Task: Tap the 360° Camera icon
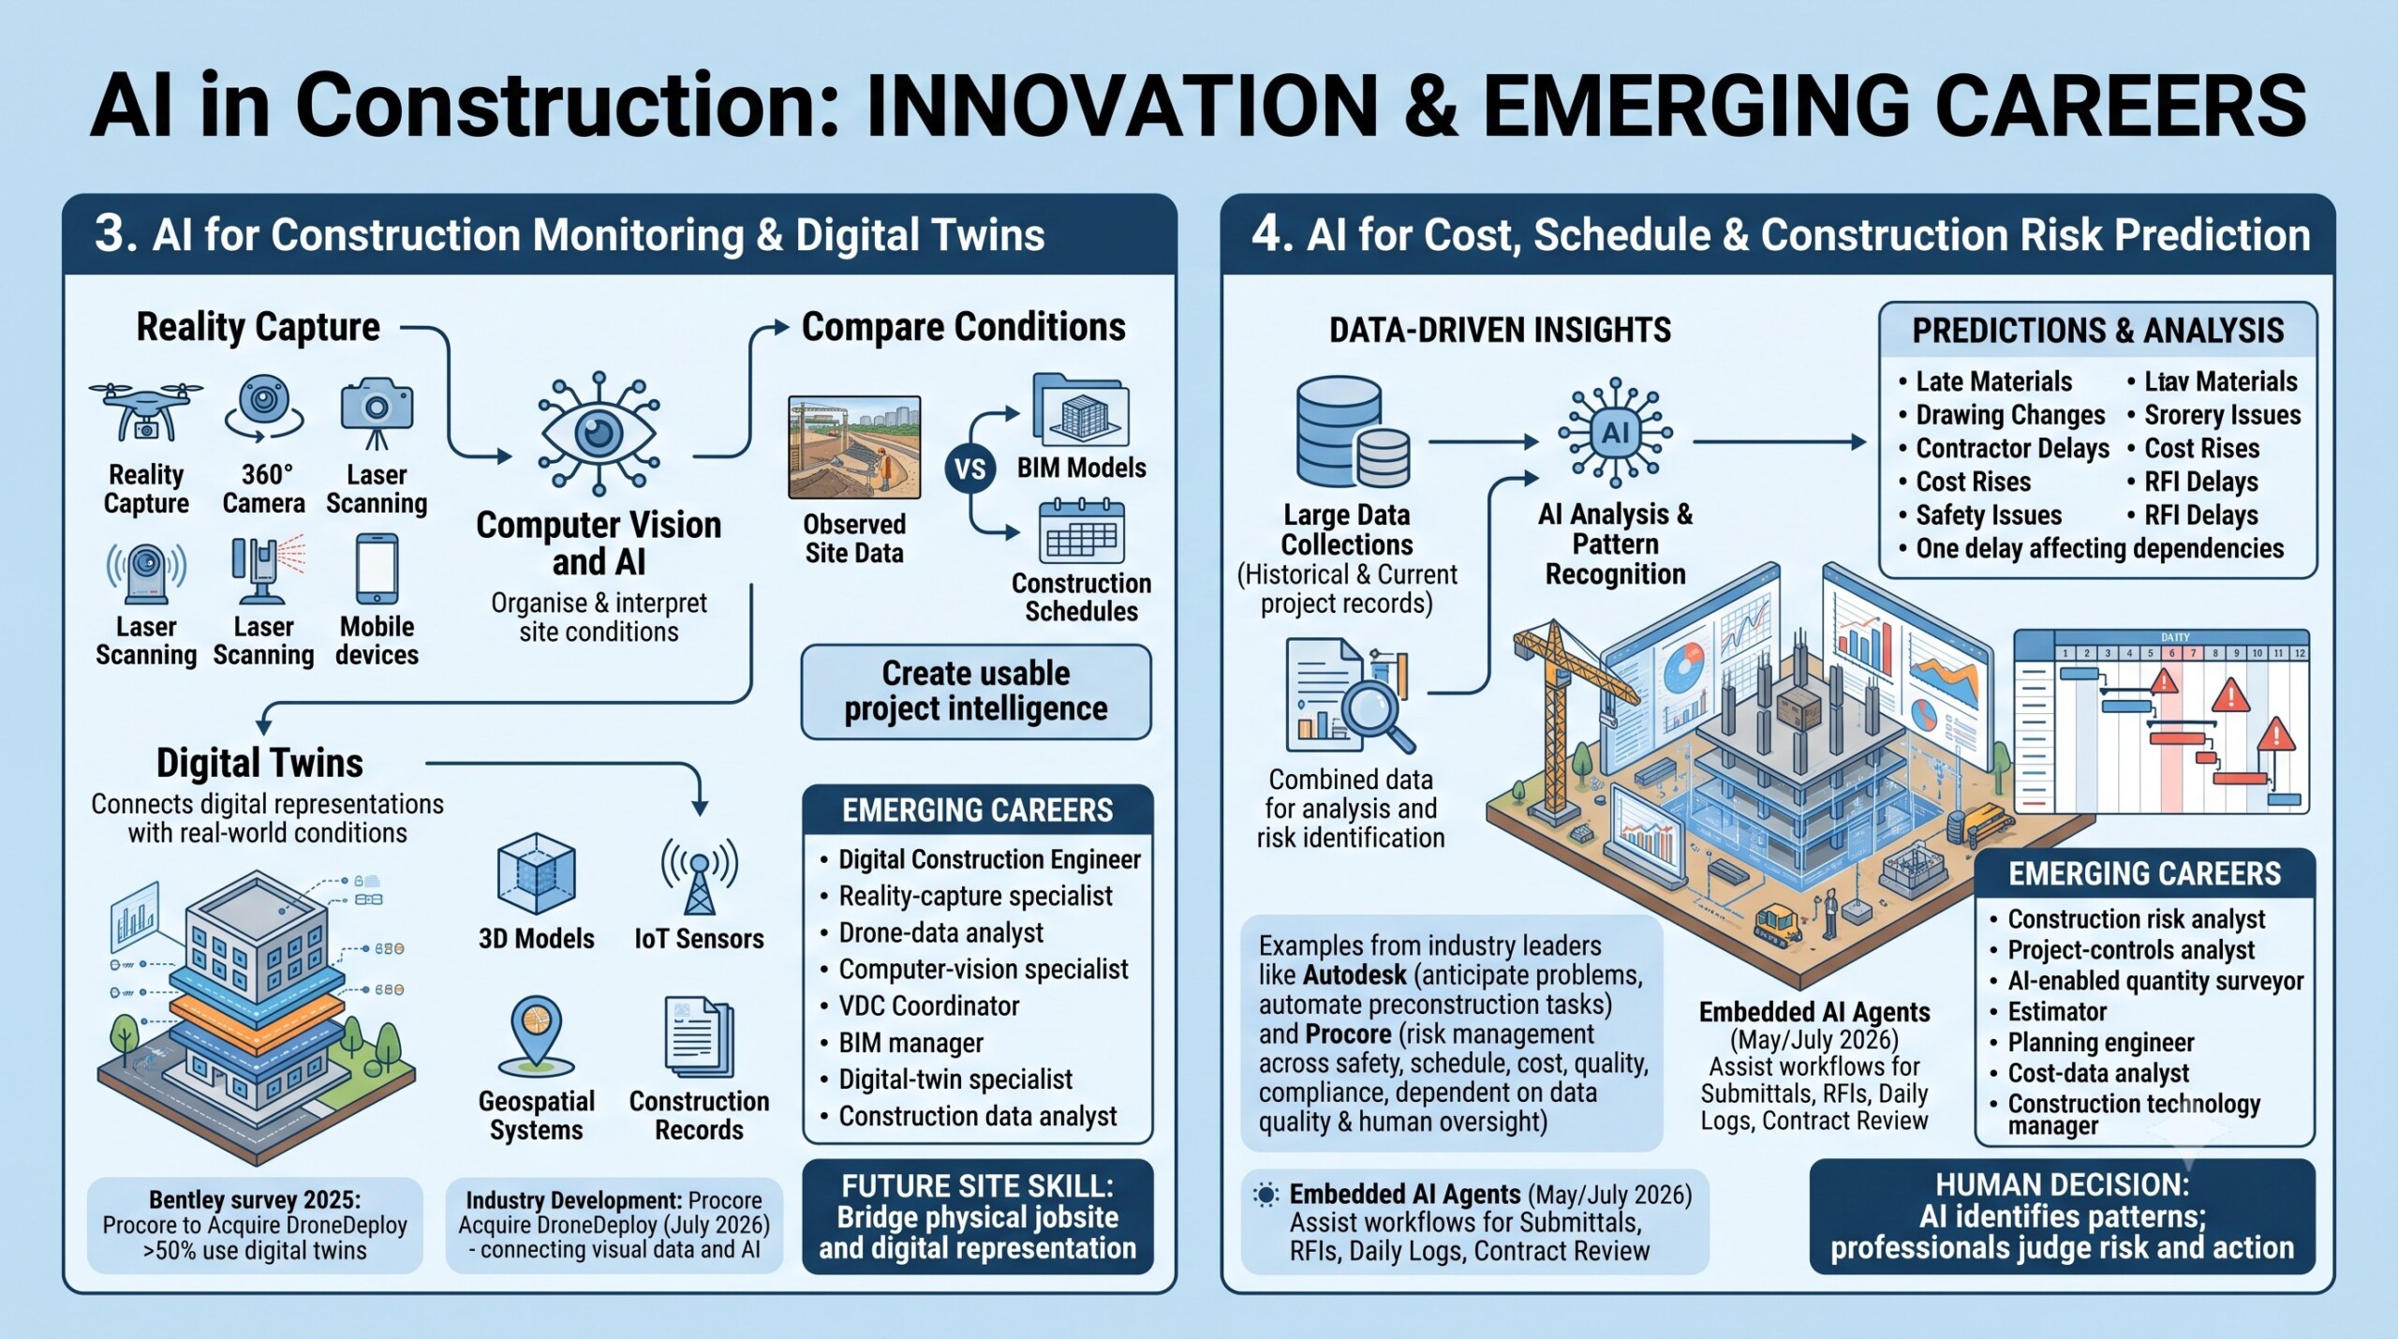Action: coord(264,409)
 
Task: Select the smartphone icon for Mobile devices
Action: coord(377,569)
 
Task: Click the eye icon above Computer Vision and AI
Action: coord(599,433)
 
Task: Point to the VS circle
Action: coord(970,469)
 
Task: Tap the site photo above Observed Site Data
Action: coord(854,447)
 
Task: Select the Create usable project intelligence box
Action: coord(976,692)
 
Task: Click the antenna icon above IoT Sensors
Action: coord(700,875)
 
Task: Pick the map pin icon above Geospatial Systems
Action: coord(537,1035)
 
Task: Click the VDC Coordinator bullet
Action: coord(928,1005)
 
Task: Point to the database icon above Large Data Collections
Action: coord(1353,432)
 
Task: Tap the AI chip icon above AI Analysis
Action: coord(1615,433)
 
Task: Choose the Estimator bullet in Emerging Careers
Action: coord(2049,1012)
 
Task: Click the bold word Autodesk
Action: coord(1354,975)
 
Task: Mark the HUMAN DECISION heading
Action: coord(2063,1184)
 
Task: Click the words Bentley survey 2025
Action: coord(255,1200)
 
